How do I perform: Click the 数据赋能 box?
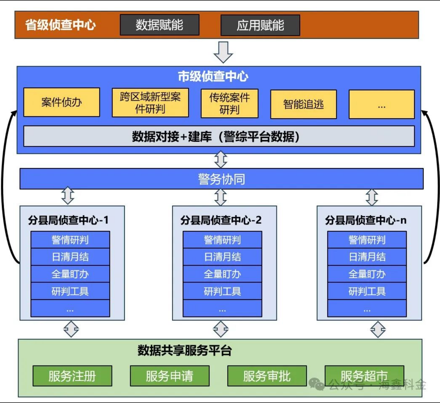[160, 25]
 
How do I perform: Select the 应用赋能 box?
[260, 25]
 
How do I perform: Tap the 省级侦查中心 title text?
[60, 25]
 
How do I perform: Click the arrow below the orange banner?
[223, 52]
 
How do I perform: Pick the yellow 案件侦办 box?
[62, 102]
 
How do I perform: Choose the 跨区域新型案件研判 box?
[150, 103]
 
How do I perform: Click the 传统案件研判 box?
[230, 103]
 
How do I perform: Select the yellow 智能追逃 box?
[303, 104]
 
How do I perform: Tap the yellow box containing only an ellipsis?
[382, 104]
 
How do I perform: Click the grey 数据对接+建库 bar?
[219, 137]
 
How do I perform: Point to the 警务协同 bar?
[221, 179]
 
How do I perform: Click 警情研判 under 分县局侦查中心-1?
[70, 240]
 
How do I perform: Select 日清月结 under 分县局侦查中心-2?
[222, 257]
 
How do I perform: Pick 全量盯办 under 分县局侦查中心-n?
[367, 274]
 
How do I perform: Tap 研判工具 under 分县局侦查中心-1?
[70, 291]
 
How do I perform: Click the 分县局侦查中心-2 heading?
[221, 220]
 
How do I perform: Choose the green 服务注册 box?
[72, 376]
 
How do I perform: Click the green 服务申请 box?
[169, 376]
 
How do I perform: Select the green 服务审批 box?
[267, 376]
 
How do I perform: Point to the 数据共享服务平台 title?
[185, 350]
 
